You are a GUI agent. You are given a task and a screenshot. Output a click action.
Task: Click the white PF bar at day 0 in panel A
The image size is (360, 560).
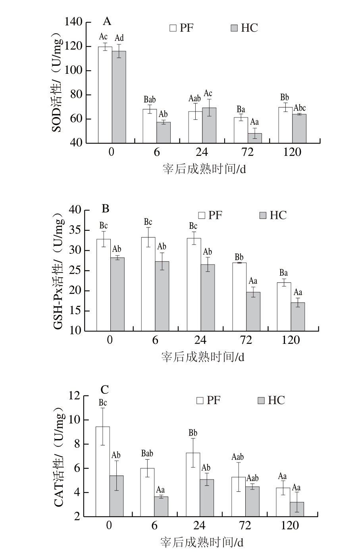click(105, 95)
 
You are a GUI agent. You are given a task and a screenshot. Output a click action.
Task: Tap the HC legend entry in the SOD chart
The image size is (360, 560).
click(244, 28)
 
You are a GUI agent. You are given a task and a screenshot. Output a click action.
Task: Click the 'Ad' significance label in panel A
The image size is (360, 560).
click(119, 38)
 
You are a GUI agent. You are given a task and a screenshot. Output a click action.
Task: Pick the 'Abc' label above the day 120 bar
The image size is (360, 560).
click(300, 108)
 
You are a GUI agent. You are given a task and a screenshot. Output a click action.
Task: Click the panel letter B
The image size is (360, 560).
click(106, 208)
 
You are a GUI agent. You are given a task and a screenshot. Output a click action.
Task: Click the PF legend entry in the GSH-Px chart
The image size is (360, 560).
click(210, 215)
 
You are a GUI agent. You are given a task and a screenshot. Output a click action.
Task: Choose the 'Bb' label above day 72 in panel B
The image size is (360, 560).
click(239, 257)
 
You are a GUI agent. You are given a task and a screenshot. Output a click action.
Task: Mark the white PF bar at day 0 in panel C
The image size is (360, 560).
click(102, 472)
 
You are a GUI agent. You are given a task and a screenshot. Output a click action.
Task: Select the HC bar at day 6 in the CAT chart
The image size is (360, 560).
click(161, 506)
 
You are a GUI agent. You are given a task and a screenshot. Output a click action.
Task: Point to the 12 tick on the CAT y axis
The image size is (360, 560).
click(74, 396)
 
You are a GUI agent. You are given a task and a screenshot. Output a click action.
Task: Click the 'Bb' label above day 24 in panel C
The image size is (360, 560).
click(193, 433)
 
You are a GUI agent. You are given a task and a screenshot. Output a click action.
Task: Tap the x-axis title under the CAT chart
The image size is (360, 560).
click(202, 542)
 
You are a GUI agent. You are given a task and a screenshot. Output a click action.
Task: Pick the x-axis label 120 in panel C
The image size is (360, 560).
click(290, 526)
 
